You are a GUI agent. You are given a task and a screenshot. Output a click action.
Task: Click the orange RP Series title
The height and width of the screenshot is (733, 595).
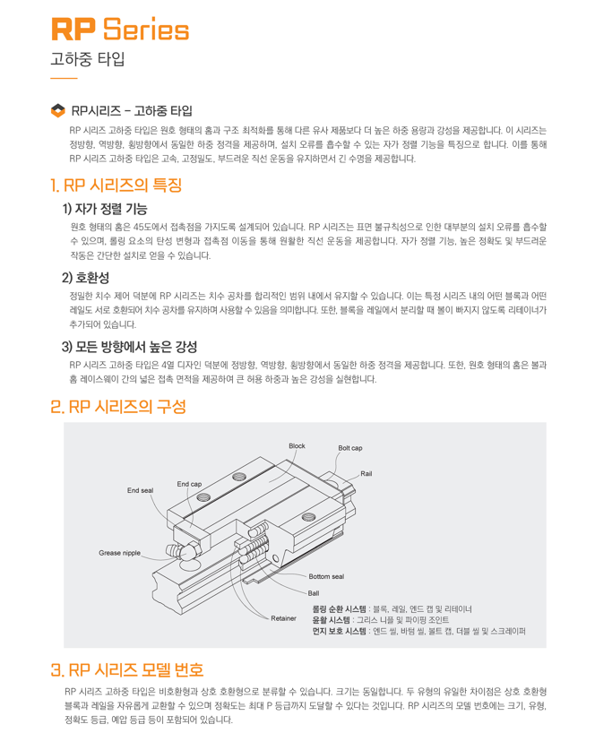[x=120, y=30]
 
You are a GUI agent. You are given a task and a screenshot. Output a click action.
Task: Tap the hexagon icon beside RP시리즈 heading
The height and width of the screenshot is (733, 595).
[x=58, y=111]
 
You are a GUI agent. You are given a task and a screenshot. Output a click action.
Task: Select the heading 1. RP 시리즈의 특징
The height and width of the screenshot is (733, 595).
[x=116, y=185]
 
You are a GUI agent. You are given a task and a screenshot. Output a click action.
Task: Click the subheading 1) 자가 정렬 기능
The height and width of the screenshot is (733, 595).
[x=105, y=209]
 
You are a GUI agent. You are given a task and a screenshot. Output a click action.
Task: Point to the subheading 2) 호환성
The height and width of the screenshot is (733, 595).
[x=85, y=278]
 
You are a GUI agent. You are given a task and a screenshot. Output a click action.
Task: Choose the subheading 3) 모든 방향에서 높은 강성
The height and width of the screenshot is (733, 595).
[x=129, y=347]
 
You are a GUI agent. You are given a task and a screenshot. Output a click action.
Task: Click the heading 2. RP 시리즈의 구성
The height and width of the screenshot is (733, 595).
[x=118, y=407]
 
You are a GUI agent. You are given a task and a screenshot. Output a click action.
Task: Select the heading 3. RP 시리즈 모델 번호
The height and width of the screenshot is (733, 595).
[x=127, y=670]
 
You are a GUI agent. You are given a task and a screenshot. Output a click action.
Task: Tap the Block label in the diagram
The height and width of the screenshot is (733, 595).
[x=297, y=446]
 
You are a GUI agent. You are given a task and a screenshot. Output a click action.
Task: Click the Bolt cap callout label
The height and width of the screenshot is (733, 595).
[x=350, y=448]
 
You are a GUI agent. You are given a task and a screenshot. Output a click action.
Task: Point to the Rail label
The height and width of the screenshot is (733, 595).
[x=366, y=473]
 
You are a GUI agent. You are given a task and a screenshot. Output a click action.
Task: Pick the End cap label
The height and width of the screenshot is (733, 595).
[x=189, y=484]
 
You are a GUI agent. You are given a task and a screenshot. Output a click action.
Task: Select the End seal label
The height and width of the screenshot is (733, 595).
[x=140, y=490]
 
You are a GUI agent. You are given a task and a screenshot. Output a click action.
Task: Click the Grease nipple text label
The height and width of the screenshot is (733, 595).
[x=120, y=553]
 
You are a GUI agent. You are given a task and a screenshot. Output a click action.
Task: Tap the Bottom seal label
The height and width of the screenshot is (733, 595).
[x=326, y=576]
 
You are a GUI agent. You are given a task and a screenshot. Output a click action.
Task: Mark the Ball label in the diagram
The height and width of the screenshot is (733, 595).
[x=314, y=593]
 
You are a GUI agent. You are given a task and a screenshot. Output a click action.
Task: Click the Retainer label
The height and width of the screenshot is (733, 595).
[x=284, y=618]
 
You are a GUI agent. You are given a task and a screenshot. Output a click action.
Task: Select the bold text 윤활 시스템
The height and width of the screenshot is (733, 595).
[x=331, y=620]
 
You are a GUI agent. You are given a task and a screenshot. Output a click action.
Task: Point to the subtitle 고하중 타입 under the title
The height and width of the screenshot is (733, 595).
[x=88, y=59]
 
